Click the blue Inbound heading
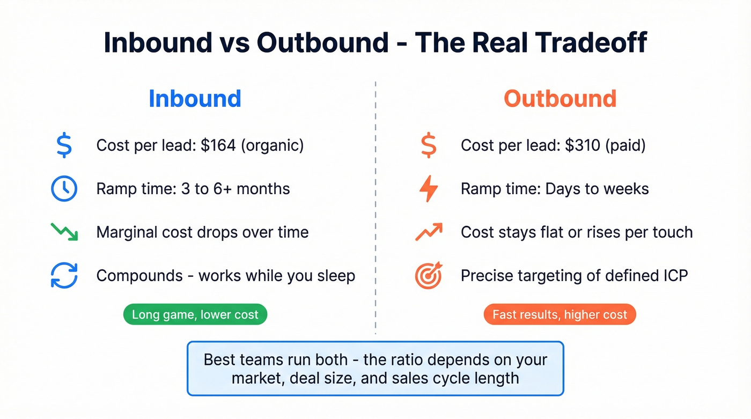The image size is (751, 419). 195,99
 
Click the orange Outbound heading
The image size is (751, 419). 560,99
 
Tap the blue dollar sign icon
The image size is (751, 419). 64,145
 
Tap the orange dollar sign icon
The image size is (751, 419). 428,145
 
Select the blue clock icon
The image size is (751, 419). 64,189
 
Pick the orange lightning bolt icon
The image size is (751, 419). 429,189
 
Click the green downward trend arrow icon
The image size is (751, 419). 64,232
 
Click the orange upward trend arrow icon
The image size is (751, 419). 429,232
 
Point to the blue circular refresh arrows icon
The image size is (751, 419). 64,276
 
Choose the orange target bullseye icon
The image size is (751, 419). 429,276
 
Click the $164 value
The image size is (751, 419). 218,145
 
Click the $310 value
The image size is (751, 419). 582,145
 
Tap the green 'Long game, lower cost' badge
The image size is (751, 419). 195,314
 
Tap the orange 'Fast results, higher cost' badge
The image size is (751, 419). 559,314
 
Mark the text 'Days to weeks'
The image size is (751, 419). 597,189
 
